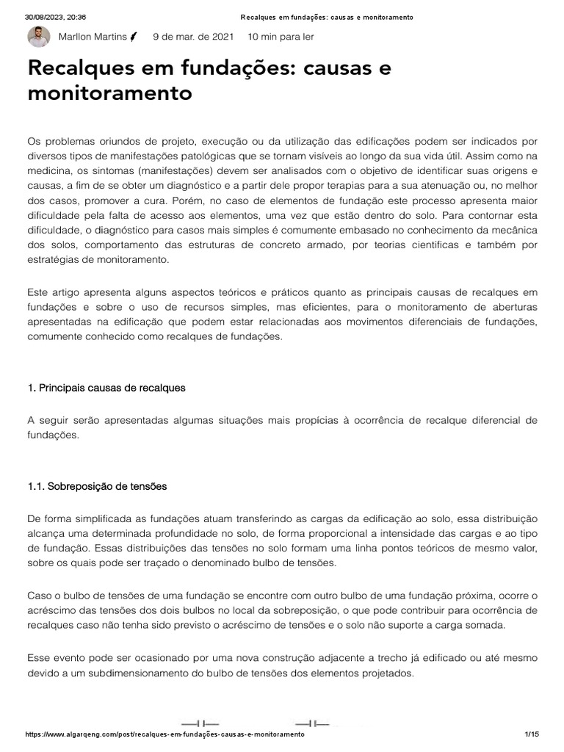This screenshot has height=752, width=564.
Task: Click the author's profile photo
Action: point(38,37)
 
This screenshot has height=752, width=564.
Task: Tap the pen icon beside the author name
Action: point(134,37)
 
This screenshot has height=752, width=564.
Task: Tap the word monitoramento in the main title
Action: point(109,94)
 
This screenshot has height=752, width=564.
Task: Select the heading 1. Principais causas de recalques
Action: point(106,388)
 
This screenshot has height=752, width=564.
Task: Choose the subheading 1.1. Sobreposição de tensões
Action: point(96,486)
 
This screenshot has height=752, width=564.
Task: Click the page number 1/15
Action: point(532,735)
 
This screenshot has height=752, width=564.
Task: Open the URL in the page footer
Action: point(164,735)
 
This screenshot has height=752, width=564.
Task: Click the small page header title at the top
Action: point(326,17)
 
